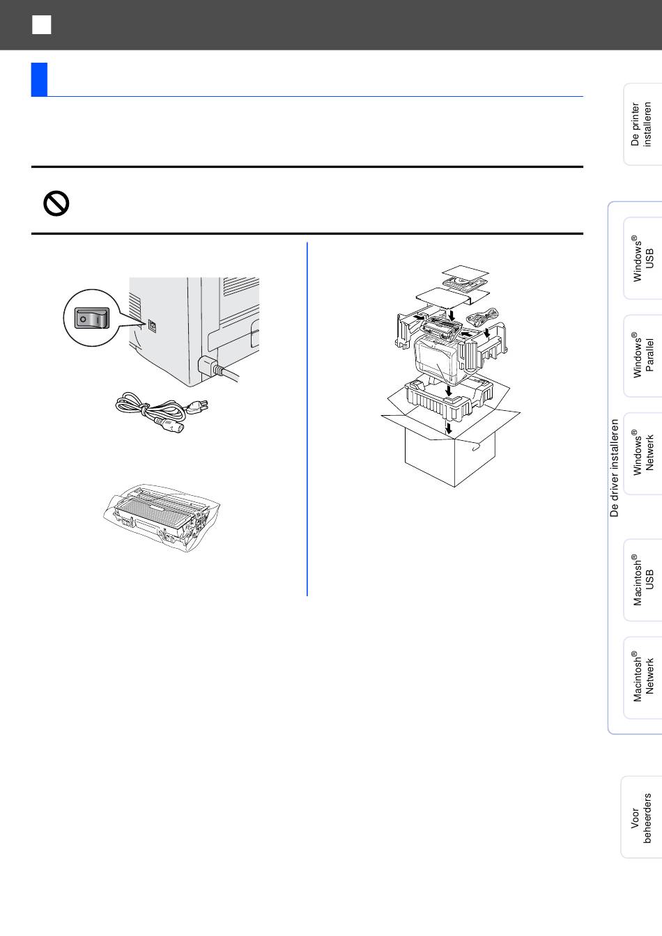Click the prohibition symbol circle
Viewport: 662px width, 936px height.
pos(56,203)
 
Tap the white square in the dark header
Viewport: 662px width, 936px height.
pos(41,24)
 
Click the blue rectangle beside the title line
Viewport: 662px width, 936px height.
pos(39,79)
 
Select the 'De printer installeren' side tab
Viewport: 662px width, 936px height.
pos(642,124)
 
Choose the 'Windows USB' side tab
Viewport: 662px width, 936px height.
pos(642,258)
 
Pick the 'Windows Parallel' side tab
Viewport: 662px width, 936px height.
pos(642,356)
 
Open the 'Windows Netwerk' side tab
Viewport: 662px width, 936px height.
pos(642,453)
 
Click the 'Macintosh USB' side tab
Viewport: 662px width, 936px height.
pos(642,580)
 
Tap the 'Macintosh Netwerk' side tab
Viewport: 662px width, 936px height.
pos(642,678)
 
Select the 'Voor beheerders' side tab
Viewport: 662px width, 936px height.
pos(642,817)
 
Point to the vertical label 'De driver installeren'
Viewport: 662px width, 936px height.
pos(614,468)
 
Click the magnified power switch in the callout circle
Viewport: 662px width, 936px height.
pos(91,318)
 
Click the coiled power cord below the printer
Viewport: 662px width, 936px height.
pos(162,412)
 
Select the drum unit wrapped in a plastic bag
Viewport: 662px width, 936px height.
pos(162,518)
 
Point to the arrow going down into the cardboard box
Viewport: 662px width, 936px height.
pos(449,428)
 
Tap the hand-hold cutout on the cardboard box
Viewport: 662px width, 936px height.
pos(476,448)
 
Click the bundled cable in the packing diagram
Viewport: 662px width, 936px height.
pos(483,318)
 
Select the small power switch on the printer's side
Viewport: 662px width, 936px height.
pos(152,327)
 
